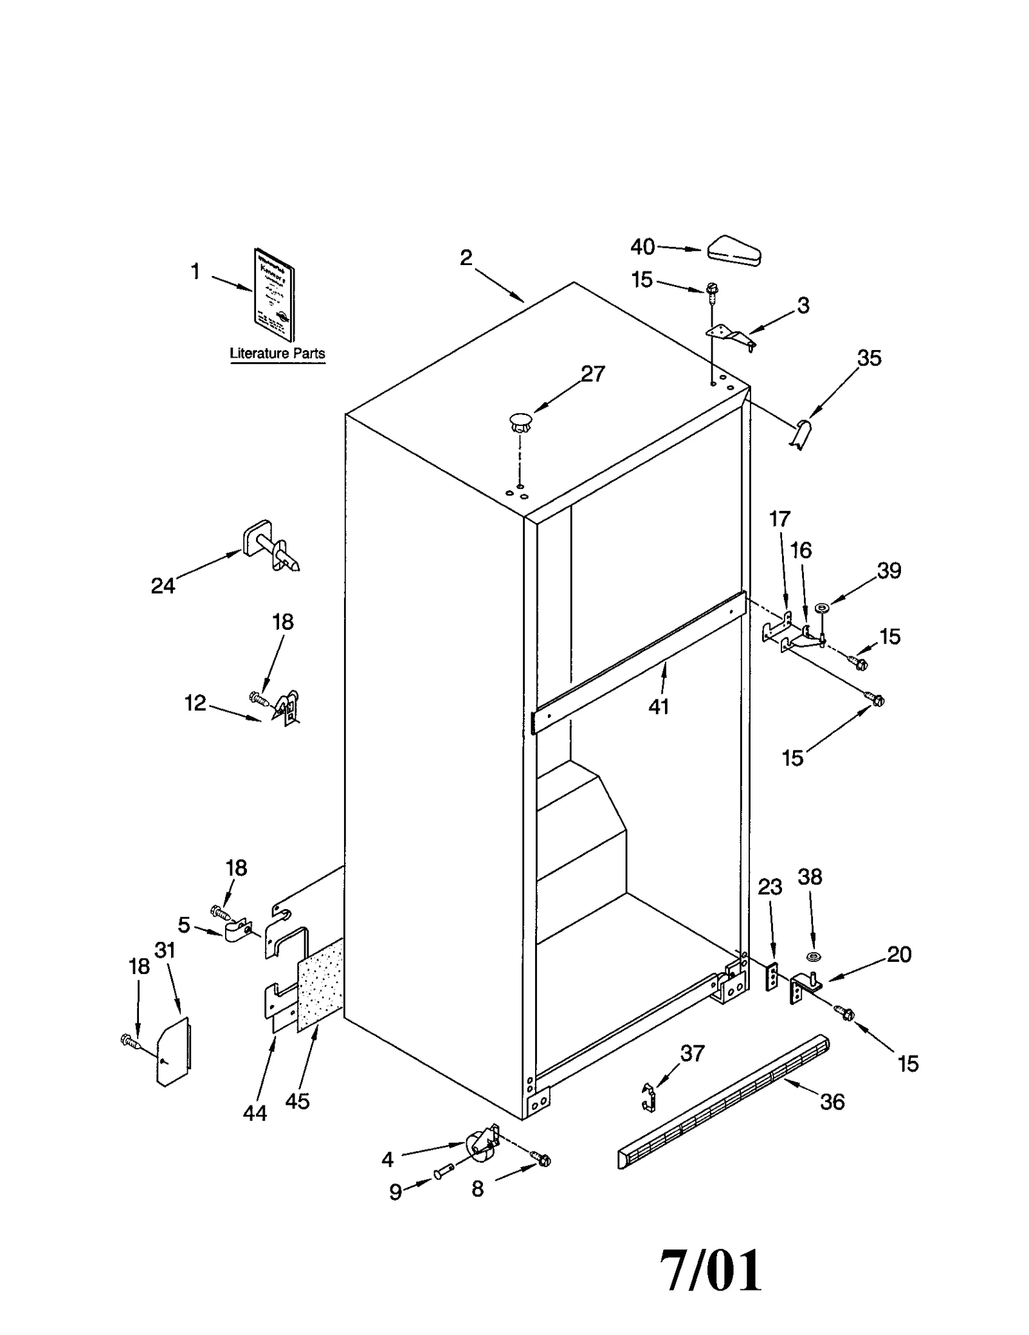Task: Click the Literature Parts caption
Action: click(x=277, y=353)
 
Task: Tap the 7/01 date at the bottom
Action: click(x=711, y=1270)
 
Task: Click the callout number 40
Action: click(x=642, y=246)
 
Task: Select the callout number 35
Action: click(x=869, y=358)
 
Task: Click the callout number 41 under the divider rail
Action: click(x=659, y=706)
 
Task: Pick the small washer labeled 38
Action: click(x=813, y=957)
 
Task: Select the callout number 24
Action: click(x=163, y=585)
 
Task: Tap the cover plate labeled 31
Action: click(x=174, y=1051)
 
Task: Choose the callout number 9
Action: click(x=396, y=1192)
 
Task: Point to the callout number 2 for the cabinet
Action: click(x=466, y=258)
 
